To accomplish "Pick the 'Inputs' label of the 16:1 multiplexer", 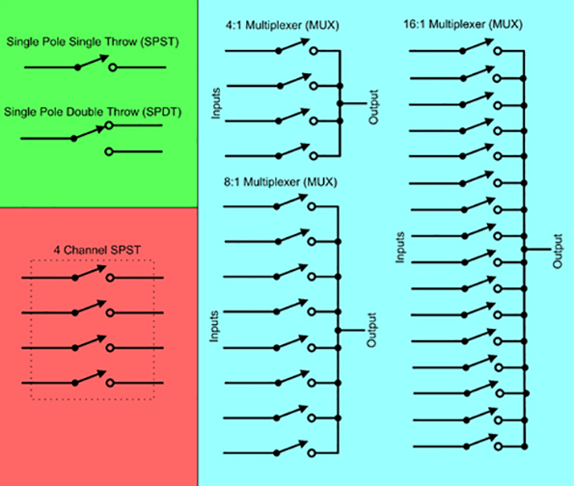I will pyautogui.click(x=401, y=246).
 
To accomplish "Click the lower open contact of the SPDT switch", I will pyautogui.click(x=111, y=151).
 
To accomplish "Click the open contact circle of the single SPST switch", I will pyautogui.click(x=112, y=68).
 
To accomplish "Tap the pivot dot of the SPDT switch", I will pyautogui.click(x=75, y=139).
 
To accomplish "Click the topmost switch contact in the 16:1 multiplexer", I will pyautogui.click(x=497, y=50).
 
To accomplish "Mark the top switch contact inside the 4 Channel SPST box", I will pyautogui.click(x=112, y=278).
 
